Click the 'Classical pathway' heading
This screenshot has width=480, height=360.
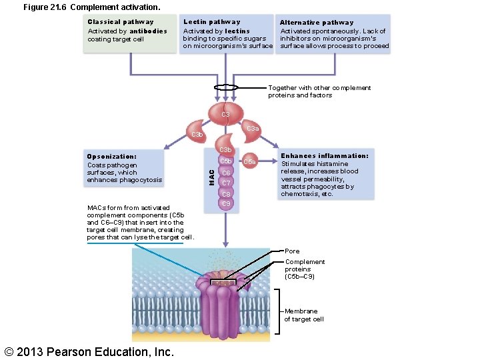pyautogui.click(x=121, y=22)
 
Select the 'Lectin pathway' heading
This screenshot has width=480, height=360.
pyautogui.click(x=212, y=22)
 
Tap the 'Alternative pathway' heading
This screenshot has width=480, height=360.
pyautogui.click(x=317, y=23)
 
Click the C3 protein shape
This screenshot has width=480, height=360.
pyautogui.click(x=226, y=113)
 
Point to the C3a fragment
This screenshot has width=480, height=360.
pyautogui.click(x=253, y=129)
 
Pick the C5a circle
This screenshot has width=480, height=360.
pyautogui.click(x=249, y=161)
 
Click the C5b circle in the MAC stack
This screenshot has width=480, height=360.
pyautogui.click(x=226, y=161)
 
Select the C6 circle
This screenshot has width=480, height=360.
pyautogui.click(x=226, y=172)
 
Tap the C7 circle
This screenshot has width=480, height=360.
pyautogui.click(x=226, y=183)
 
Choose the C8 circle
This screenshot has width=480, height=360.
pyautogui.click(x=226, y=194)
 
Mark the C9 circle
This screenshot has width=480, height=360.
pyautogui.click(x=226, y=203)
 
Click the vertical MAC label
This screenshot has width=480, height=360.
pyautogui.click(x=211, y=177)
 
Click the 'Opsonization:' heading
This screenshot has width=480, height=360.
pyautogui.click(x=112, y=157)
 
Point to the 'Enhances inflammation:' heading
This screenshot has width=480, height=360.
pyautogui.click(x=325, y=156)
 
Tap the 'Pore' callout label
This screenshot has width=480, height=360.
pyautogui.click(x=292, y=251)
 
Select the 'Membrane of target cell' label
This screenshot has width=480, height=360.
pyautogui.click(x=304, y=315)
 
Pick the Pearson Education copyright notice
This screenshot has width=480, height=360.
pyautogui.click(x=89, y=351)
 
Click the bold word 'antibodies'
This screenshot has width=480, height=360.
pyautogui.click(x=148, y=31)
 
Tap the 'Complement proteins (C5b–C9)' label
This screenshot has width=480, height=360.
pyautogui.click(x=305, y=269)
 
